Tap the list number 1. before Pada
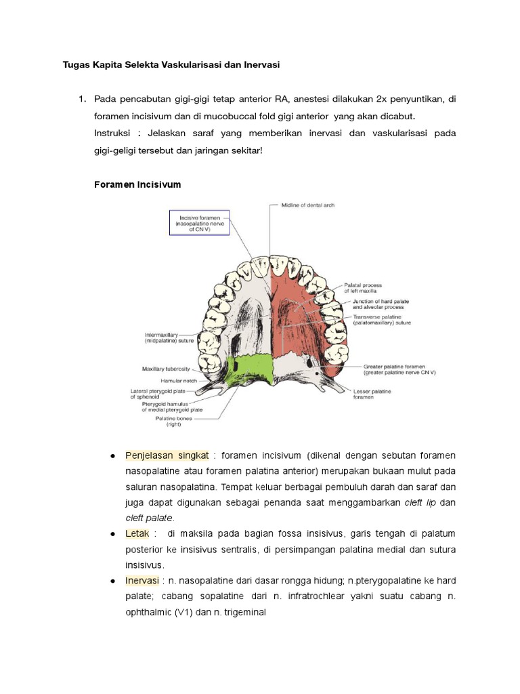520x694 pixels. (x=82, y=99)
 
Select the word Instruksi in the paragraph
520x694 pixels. (x=114, y=133)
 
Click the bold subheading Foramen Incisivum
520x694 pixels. (x=137, y=184)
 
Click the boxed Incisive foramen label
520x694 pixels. (x=200, y=222)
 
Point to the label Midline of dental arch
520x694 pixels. (x=308, y=205)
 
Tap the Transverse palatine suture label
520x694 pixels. (x=384, y=319)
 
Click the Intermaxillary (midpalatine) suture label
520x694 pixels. (x=169, y=338)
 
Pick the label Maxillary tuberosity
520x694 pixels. (x=166, y=369)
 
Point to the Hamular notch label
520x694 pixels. (x=179, y=381)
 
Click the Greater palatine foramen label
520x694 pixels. (x=399, y=369)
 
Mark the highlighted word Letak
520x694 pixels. (x=136, y=534)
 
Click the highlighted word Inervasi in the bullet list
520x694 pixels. (x=141, y=581)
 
